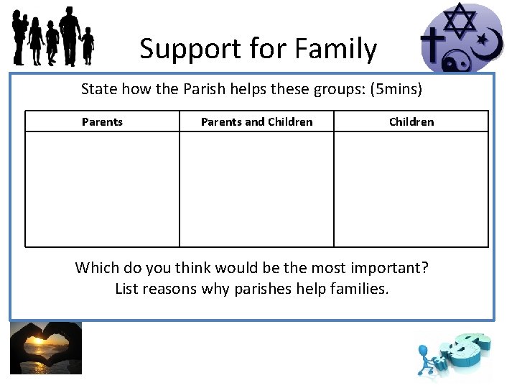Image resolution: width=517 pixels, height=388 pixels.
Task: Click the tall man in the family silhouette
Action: pyautogui.click(x=70, y=34)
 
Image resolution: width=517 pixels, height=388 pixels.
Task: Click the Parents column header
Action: pyautogui.click(x=102, y=121)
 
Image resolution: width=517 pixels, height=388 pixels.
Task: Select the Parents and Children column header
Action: pyautogui.click(x=256, y=121)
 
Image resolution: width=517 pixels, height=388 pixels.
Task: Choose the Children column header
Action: pyautogui.click(x=411, y=121)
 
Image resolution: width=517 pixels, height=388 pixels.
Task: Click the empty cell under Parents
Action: pyautogui.click(x=102, y=189)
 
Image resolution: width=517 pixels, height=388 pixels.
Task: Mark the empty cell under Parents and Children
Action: pyautogui.click(x=256, y=189)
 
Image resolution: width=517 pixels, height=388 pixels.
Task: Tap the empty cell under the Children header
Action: pyautogui.click(x=411, y=189)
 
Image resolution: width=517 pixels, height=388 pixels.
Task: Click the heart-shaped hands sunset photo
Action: pyautogui.click(x=46, y=348)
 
